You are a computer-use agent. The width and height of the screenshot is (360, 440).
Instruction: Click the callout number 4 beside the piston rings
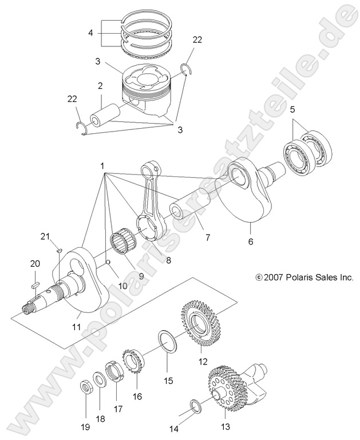tap(90, 33)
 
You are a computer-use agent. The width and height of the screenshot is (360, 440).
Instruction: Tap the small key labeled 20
tap(35, 282)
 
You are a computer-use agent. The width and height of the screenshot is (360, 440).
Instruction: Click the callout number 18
tap(100, 419)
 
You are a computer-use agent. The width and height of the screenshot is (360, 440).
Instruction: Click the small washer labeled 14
tap(195, 407)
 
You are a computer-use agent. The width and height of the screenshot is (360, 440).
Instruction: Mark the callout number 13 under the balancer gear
tap(225, 427)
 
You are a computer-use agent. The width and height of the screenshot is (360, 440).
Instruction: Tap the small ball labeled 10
tap(108, 263)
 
